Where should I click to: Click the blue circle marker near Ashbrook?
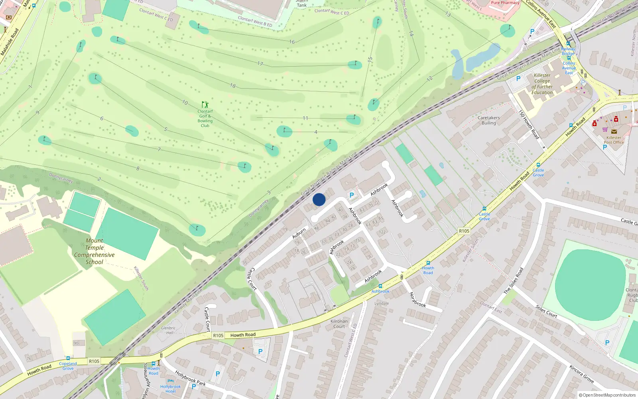pos(319,199)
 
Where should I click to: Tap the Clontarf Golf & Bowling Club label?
pos(205,119)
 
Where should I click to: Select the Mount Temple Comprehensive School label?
pos(94,251)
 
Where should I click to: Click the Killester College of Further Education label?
pos(542,84)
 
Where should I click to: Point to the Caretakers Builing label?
pos(488,120)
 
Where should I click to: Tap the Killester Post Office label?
pos(614,140)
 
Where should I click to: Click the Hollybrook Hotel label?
pos(170,389)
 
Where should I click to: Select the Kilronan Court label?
pos(339,324)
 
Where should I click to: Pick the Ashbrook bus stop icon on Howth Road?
pos(380,286)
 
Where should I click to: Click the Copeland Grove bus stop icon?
pos(68,359)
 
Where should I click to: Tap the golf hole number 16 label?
pos(292,42)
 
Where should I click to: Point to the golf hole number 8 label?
pos(138,169)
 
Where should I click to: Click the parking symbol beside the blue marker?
pos(351,195)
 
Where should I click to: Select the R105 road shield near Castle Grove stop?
pos(464,231)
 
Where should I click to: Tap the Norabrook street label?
pos(418,300)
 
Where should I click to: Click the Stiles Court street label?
pos(546,311)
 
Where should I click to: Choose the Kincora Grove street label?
pos(581,374)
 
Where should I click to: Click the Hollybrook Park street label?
pos(191,378)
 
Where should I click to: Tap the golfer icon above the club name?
pos(205,105)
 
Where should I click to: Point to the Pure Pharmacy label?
pos(505,3)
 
